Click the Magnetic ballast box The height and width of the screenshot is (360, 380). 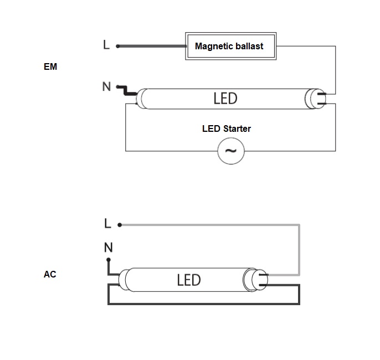(229, 46)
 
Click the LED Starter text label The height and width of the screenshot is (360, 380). (227, 129)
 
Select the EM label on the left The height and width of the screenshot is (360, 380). (50, 67)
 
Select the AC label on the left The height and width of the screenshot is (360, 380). (50, 274)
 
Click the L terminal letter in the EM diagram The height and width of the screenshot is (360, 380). (106, 45)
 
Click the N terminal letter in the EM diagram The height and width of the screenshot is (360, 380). (106, 86)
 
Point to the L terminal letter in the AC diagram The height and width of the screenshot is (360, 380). (107, 224)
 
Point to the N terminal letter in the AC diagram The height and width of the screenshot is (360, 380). (109, 247)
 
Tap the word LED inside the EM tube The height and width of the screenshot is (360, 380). (225, 99)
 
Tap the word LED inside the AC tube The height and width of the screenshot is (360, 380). (188, 280)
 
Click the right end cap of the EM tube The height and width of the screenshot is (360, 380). (314, 99)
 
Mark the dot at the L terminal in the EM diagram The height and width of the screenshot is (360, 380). (117, 46)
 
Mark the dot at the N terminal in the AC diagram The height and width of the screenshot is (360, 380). (109, 259)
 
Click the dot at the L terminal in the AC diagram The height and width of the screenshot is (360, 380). (120, 225)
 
